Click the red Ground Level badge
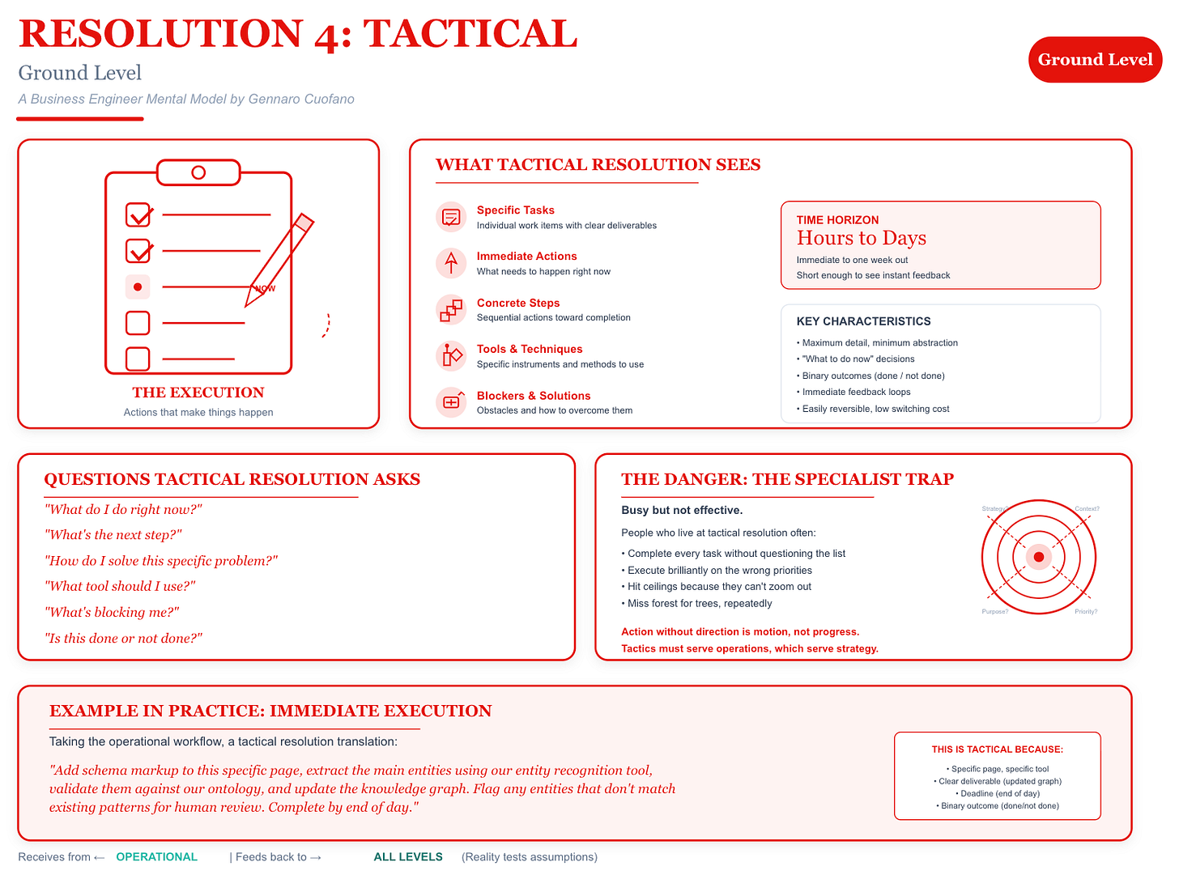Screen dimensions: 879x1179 1095,60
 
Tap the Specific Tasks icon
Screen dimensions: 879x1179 451,217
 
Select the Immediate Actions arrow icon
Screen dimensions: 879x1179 451,263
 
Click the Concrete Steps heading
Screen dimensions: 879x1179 518,303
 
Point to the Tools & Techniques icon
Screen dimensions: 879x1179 451,356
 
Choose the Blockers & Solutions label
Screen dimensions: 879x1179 534,396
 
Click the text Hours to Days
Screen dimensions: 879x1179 861,238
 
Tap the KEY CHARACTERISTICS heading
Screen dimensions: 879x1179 863,321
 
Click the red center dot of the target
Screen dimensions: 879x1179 1038,558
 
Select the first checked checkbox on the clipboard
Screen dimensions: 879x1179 138,214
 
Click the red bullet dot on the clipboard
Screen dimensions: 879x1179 138,287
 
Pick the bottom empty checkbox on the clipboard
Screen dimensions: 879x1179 138,359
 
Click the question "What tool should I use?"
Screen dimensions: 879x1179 120,586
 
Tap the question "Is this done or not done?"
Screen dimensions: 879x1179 123,638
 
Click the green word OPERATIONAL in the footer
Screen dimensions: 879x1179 156,857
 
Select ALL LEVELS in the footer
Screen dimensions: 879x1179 408,857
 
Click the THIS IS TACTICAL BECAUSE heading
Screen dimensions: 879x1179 997,749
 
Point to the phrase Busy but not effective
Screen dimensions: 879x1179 682,510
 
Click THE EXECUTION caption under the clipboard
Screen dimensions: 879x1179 198,393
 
